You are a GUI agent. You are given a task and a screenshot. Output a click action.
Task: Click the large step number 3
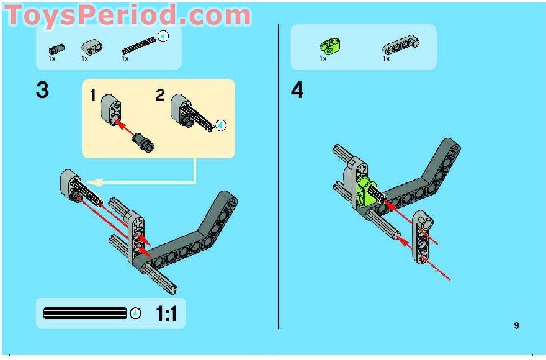tap(42, 91)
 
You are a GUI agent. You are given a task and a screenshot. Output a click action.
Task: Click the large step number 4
tap(298, 91)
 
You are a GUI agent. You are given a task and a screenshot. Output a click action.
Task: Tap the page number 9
tap(516, 325)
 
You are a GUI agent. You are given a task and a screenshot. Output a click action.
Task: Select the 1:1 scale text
tap(166, 314)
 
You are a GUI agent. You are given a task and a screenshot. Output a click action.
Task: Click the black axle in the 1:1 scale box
tap(84, 313)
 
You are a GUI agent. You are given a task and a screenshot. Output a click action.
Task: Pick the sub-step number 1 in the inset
tap(93, 96)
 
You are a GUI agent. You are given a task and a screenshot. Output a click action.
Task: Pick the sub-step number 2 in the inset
tap(161, 96)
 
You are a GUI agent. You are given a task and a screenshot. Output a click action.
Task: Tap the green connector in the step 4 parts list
tap(326, 45)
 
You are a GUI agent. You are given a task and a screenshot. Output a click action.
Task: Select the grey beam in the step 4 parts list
tap(401, 44)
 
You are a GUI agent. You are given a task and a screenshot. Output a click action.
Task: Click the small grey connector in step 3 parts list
tap(91, 47)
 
